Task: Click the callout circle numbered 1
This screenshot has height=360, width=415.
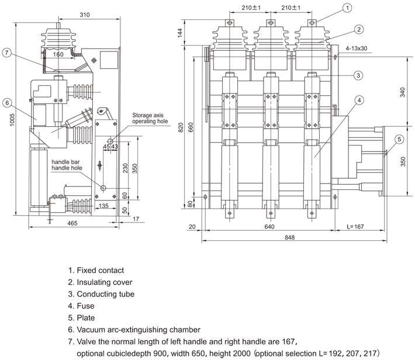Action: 347,8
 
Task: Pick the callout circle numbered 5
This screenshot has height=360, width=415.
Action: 399,139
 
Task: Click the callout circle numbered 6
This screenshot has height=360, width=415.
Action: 7,103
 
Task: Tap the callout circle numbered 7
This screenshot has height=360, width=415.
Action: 7,53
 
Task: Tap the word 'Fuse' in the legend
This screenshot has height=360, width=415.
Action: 86,305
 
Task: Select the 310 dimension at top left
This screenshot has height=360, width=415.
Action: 85,15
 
